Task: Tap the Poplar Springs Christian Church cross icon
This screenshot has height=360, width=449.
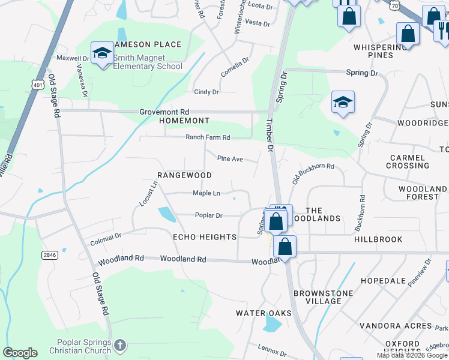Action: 120,346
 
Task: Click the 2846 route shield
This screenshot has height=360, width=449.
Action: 50,255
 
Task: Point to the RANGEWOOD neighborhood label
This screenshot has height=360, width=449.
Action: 184,175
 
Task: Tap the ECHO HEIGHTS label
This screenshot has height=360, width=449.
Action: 205,237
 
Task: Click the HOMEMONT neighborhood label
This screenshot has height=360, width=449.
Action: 184,121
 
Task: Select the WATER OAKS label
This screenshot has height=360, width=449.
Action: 264,313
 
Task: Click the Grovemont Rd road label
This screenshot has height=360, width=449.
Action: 164,112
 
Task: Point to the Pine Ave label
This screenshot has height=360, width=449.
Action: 229,159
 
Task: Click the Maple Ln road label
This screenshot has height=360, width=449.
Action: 206,193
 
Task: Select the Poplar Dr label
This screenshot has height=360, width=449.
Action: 208,215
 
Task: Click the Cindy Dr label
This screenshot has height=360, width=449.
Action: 206,92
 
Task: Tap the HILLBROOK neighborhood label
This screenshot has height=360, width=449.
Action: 378,239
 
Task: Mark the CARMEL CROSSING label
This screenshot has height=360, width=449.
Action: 409,161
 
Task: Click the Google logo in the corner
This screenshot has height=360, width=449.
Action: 20,353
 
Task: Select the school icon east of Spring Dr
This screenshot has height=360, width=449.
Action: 343,103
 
